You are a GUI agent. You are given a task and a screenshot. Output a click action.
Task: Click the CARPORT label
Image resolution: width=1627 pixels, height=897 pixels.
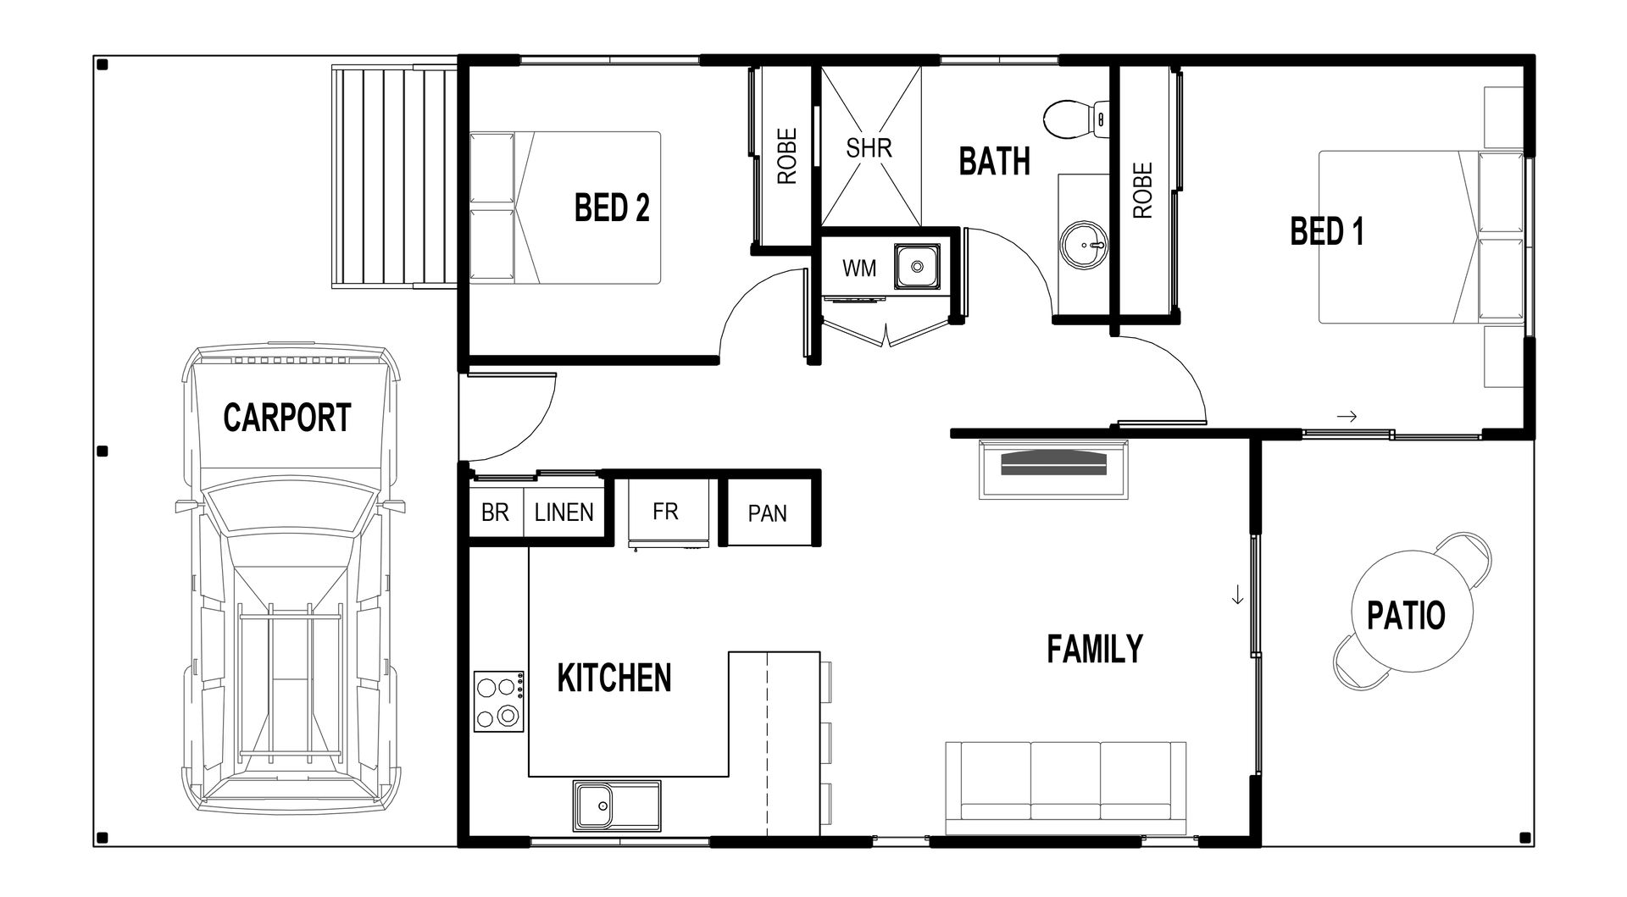point(286,418)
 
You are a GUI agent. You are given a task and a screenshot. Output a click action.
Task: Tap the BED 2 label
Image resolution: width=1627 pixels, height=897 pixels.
point(612,208)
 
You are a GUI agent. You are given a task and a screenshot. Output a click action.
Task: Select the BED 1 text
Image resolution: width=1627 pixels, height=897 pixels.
point(1327,231)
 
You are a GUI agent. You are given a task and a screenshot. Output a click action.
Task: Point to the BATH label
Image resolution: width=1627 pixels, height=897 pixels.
point(994,161)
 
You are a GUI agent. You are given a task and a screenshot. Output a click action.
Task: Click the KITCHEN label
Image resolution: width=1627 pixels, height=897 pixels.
point(614,678)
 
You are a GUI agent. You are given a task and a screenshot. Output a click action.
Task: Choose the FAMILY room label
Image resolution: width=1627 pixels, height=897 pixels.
point(1095,649)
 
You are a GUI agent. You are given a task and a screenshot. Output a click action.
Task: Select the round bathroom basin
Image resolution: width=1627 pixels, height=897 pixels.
point(1083,244)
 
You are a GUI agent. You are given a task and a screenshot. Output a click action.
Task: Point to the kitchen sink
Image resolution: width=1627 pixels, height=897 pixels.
point(616,806)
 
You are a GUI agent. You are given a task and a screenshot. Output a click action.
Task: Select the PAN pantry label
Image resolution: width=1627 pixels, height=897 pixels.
point(767,513)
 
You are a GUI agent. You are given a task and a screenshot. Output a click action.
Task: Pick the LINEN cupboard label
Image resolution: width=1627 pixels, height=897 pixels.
point(564,512)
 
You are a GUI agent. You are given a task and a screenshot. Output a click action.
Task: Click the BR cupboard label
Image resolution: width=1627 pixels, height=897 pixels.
point(495,512)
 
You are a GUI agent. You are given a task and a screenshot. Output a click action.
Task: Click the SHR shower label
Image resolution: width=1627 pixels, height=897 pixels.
point(869,148)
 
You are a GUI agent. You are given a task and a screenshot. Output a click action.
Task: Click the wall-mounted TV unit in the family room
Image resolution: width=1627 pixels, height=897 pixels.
point(1053,468)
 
